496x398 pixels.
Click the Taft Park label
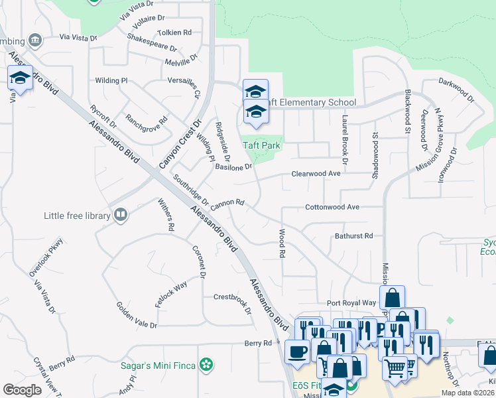point(261,145)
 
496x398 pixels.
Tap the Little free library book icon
point(121,214)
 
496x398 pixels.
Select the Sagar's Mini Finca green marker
point(207,364)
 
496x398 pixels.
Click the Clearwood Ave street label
point(316,173)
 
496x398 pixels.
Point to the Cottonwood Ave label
point(332,207)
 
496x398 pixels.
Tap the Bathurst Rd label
point(354,235)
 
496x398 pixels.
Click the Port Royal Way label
point(351,302)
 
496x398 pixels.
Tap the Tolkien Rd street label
point(174,32)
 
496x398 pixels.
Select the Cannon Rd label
point(227,203)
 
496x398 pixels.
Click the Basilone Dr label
point(233,167)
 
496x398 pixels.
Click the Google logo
point(22,389)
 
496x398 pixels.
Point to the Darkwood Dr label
point(457,89)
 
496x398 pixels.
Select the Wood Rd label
point(282,244)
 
